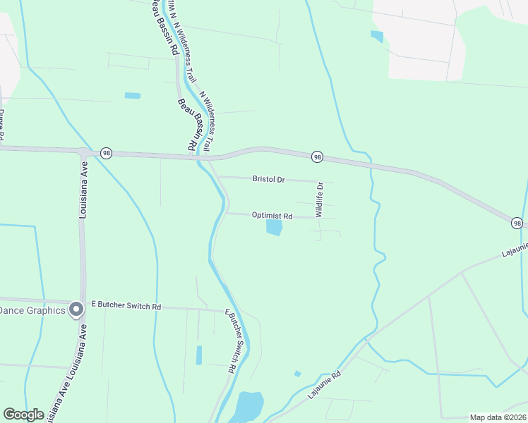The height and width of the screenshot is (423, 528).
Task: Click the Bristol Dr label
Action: click(268, 180)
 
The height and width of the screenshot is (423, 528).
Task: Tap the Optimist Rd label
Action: click(272, 216)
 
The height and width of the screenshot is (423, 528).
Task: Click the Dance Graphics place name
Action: click(32, 310)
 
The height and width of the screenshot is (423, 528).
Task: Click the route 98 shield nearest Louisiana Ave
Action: click(106, 152)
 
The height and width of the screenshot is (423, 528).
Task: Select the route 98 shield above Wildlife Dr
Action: click(318, 157)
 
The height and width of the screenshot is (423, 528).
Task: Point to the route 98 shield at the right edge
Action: click(518, 223)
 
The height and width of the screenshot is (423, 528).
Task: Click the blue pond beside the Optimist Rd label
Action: click(274, 228)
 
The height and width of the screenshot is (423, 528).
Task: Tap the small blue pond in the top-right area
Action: click(377, 36)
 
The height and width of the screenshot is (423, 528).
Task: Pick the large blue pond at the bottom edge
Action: click(248, 407)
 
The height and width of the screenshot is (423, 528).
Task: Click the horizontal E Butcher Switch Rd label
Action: click(126, 307)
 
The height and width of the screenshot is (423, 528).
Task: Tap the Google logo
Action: click(23, 415)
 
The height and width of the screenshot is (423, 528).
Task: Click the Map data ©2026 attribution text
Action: click(498, 417)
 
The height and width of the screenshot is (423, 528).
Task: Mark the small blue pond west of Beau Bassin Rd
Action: click(132, 95)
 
